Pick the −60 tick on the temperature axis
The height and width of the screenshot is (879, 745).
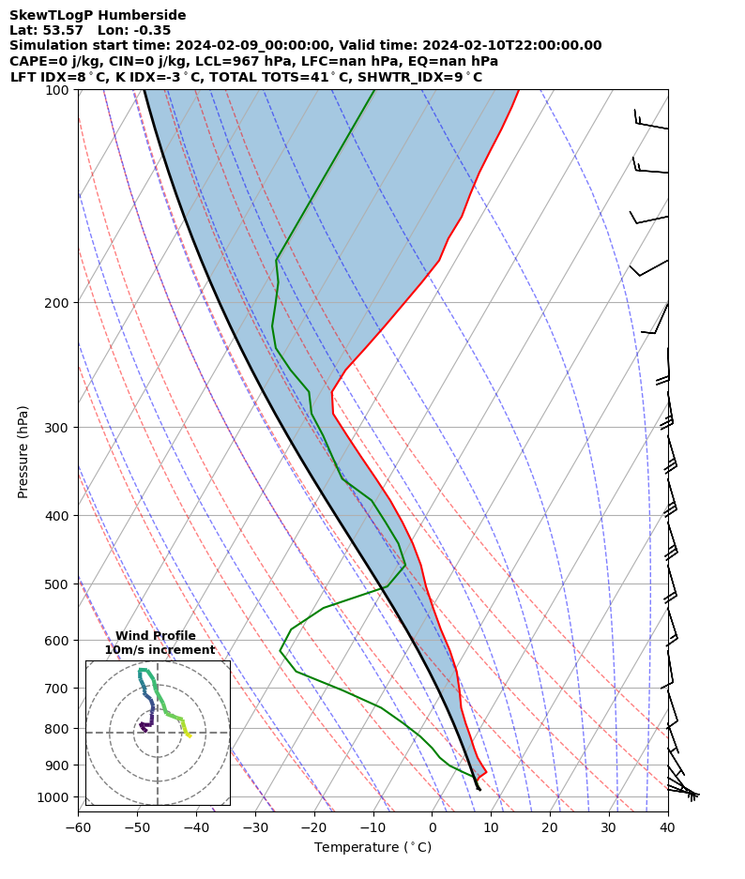point(78,827)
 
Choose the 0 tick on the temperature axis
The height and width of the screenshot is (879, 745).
point(433,827)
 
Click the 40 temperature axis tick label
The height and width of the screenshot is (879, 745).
point(668,827)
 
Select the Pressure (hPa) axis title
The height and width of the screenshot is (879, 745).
point(23,451)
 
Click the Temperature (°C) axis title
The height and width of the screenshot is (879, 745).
point(372,848)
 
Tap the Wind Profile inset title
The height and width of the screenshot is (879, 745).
point(156,636)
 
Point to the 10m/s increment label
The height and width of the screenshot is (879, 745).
point(160,650)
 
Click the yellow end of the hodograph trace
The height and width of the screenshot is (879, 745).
point(190,736)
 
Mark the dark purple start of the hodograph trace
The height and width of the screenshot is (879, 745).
point(141,725)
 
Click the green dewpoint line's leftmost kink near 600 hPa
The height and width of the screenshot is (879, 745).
point(280,650)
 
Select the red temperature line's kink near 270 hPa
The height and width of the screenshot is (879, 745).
point(332,392)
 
